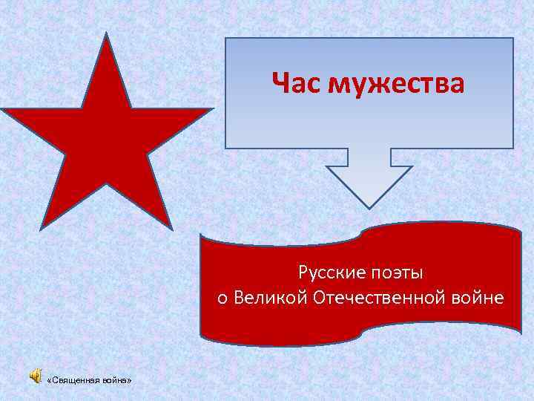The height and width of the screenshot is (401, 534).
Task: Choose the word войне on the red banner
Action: pyautogui.click(x=478, y=299)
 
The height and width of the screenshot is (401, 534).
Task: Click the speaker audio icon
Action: pyautogui.click(x=36, y=379)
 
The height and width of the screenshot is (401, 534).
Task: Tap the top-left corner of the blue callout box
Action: pyautogui.click(x=225, y=39)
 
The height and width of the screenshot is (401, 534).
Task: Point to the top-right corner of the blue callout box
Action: pyautogui.click(x=512, y=39)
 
